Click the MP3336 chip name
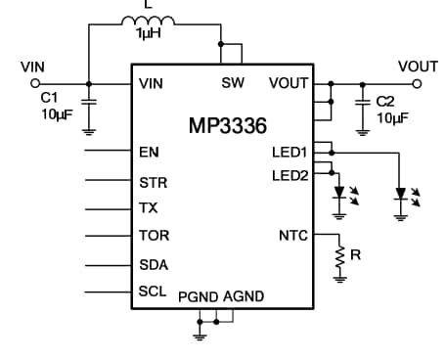pos(228,126)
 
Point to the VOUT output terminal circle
pos(419,83)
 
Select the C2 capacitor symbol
pos(364,101)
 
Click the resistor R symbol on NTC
pos(340,257)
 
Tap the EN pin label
pos(149,153)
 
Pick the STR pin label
pos(152,181)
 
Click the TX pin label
pos(149,208)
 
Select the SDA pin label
pos(153,264)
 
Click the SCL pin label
pos(152,292)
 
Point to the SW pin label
pos(233,83)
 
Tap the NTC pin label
pos(293,236)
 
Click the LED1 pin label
pos(290,153)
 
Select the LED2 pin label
pos(290,175)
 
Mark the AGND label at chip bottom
pos(244,296)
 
